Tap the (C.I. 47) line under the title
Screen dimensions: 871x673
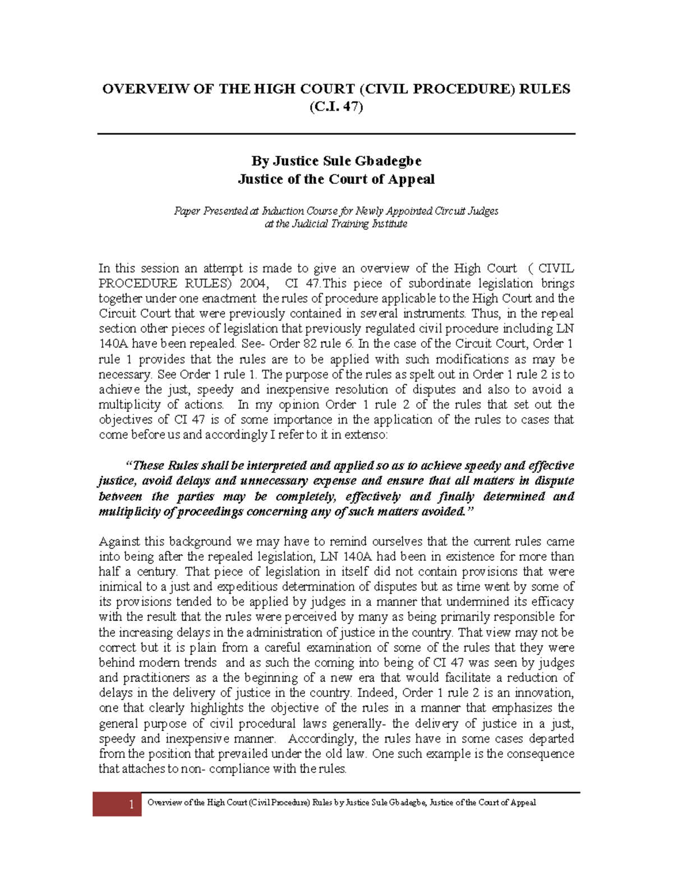pyautogui.click(x=336, y=107)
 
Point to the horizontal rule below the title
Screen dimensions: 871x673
pyautogui.click(x=336, y=134)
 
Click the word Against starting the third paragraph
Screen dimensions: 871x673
pyautogui.click(x=119, y=542)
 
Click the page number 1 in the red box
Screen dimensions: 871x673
pyautogui.click(x=131, y=805)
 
